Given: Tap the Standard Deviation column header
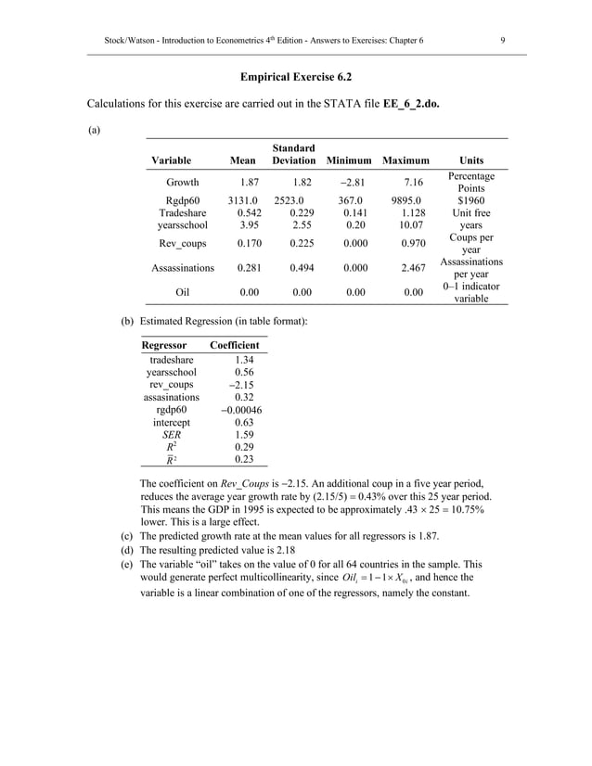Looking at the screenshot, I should pos(294,154).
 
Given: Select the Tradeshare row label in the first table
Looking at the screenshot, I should pos(182,212).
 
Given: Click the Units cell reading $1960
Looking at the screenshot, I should pos(470,199).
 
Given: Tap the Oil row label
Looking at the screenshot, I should pos(182,292).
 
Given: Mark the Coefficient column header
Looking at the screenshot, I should pos(235,345).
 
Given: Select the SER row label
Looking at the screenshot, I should pos(172,433).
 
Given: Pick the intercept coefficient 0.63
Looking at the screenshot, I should pos(244,421).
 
